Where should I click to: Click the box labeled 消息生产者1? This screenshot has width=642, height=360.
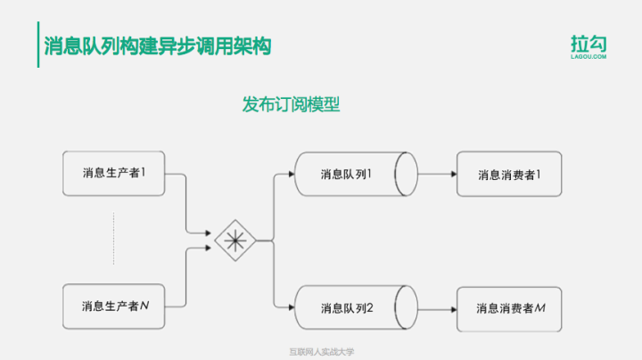pos(113,174)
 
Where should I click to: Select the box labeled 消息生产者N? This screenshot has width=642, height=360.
pos(113,307)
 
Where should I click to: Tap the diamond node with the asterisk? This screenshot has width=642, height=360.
pos(235,240)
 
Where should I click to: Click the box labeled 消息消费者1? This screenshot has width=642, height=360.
pos(510,175)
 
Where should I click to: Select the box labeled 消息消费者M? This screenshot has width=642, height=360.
pos(510,308)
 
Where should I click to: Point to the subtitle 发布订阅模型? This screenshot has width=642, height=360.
pos(291,104)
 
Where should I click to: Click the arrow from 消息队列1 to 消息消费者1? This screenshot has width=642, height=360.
pos(437,175)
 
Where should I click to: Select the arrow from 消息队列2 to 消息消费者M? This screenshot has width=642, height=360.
pos(437,308)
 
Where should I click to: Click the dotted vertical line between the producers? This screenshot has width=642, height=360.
pos(113,239)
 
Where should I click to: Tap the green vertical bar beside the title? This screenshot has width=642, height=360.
pos(38,45)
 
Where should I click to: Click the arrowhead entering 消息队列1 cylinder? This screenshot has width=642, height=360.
pos(292,175)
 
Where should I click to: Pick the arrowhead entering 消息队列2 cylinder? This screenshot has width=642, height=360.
pos(292,308)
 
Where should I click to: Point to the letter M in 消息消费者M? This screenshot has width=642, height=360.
pos(540,308)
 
